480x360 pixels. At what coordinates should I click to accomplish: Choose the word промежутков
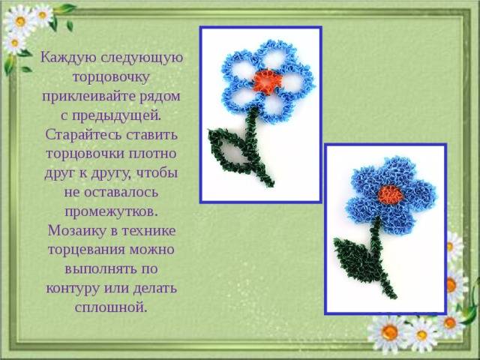pos(111,211)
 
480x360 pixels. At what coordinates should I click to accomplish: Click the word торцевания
pos(86,250)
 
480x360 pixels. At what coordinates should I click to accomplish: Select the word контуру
pos(73,289)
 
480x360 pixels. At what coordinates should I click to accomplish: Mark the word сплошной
pos(111,307)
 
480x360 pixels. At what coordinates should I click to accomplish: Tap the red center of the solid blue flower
pos(390,195)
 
